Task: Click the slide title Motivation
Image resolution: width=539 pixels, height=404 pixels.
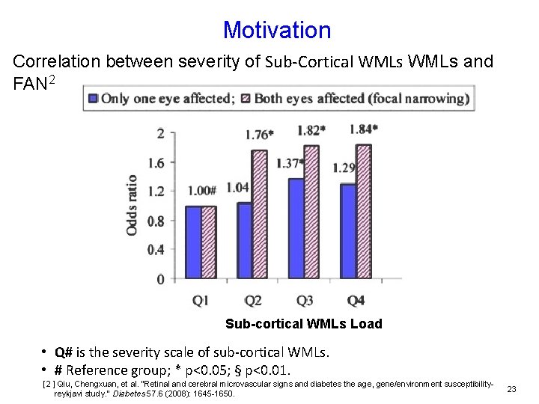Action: click(276, 30)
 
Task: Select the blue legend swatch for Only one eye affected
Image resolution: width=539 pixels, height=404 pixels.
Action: click(93, 98)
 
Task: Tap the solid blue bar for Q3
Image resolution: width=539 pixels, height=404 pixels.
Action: click(296, 228)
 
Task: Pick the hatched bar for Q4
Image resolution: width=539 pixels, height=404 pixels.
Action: click(364, 211)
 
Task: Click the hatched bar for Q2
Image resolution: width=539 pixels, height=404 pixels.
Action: click(259, 214)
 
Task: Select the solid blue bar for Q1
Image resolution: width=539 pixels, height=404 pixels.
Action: click(192, 242)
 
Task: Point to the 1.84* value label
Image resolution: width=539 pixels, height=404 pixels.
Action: click(364, 129)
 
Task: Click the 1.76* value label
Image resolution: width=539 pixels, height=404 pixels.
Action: click(259, 135)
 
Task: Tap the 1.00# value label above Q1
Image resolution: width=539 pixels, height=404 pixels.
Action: click(201, 192)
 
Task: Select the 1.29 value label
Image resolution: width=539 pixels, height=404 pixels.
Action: click(345, 168)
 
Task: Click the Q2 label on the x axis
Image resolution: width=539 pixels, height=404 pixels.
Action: click(253, 301)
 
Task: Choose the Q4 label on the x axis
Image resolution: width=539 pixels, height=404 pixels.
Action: click(356, 301)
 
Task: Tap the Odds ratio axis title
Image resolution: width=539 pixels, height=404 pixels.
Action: click(132, 205)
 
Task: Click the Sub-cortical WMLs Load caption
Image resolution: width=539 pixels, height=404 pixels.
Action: click(304, 324)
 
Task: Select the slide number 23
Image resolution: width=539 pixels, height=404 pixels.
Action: click(512, 388)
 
